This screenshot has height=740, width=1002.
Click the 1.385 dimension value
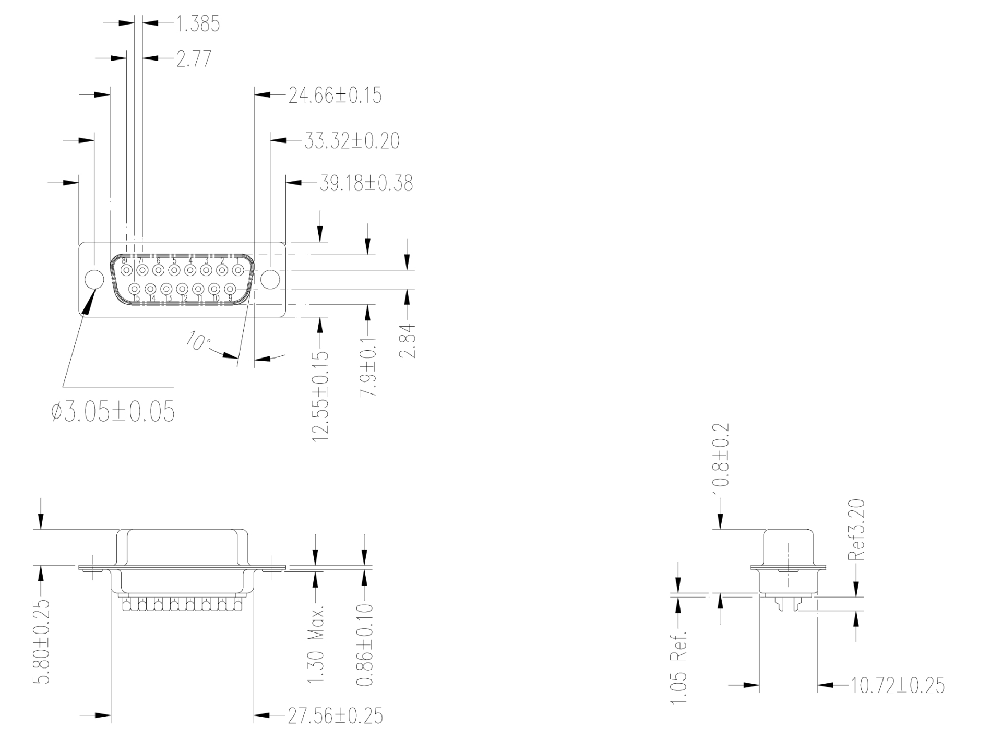coord(197,24)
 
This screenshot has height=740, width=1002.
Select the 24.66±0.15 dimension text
coord(335,96)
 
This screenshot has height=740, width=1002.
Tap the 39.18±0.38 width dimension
coord(366,184)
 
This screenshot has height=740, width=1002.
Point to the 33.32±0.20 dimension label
coord(351,141)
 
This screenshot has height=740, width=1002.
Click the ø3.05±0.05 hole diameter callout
coord(113,412)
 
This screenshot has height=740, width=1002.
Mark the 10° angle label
coord(198,341)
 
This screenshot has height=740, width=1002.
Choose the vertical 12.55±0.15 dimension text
coord(320,397)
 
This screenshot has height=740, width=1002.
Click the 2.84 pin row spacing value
coord(407,341)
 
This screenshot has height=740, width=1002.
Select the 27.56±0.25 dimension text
coord(335,716)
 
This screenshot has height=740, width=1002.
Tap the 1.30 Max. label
coord(315,644)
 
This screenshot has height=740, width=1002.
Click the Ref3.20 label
coord(856,530)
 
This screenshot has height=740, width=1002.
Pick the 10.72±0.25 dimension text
coord(898,685)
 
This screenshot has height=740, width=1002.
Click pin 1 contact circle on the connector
coord(238,270)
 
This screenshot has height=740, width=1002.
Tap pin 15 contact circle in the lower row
coord(135,289)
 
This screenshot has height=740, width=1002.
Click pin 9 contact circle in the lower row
coord(230,289)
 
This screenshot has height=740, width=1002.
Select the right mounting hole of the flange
coord(270,279)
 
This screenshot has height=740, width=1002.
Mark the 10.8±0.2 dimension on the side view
coord(720,459)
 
